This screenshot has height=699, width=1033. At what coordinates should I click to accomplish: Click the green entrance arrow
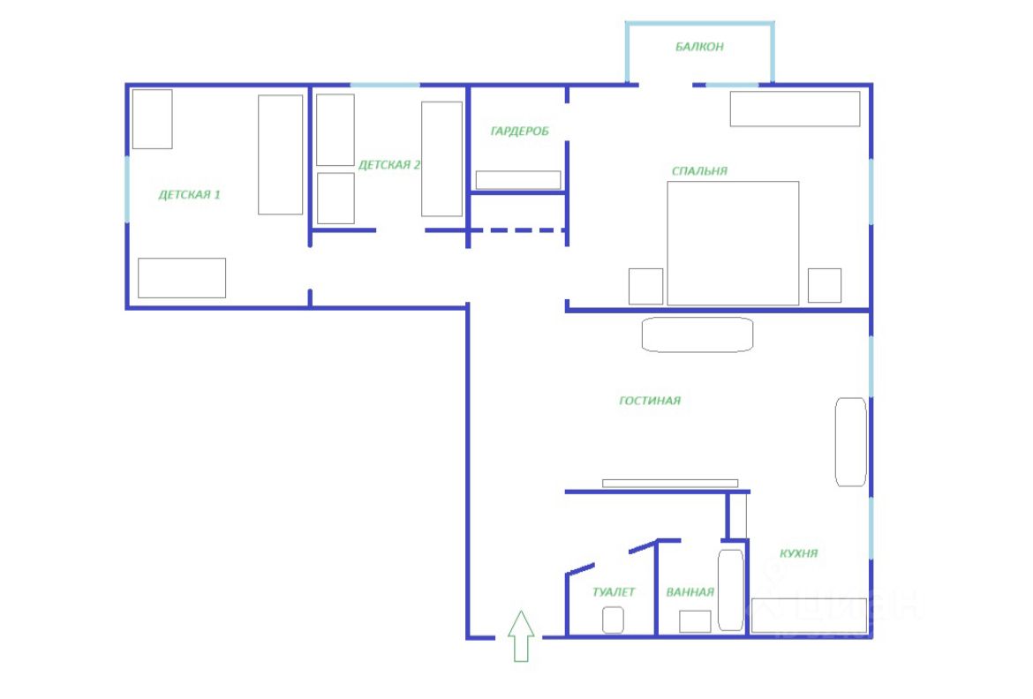click(521, 635)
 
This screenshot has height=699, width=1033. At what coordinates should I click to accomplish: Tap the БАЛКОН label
click(699, 47)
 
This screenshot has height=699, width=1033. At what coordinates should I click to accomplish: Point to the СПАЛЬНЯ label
click(699, 171)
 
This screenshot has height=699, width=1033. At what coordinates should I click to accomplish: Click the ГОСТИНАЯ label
click(650, 401)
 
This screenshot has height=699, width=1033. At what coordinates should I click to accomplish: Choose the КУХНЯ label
click(798, 553)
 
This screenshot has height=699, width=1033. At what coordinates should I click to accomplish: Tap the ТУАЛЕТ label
click(614, 592)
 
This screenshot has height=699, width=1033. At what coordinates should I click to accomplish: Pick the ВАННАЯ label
click(690, 592)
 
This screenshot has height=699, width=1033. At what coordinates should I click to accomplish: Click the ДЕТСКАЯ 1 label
click(189, 194)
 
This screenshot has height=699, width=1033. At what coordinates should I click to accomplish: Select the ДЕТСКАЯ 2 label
click(388, 164)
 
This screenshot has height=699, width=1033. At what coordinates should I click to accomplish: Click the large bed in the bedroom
click(733, 243)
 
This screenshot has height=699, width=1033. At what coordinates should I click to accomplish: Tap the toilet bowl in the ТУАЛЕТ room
click(614, 620)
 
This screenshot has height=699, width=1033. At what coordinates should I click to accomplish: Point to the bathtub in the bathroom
click(730, 590)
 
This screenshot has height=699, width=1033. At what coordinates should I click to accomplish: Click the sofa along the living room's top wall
click(697, 335)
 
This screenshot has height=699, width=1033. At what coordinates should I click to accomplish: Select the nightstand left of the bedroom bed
click(645, 285)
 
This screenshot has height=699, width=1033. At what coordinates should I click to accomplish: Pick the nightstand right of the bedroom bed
click(824, 285)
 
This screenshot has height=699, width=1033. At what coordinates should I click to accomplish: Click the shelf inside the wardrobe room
click(518, 180)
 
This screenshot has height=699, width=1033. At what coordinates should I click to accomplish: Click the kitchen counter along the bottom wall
click(809, 615)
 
